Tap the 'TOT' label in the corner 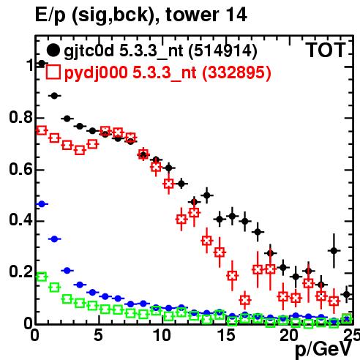click(326, 50)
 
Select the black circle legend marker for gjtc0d click(53, 50)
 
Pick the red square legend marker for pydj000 click(53, 72)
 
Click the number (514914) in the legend click(223, 50)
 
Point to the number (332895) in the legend click(236, 72)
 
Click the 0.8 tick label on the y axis click(21, 117)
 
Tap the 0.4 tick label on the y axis click(21, 220)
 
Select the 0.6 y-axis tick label click(21, 169)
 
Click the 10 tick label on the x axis click(162, 336)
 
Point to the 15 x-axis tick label click(226, 336)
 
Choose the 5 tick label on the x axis click(98, 336)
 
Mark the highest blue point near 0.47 click(42, 204)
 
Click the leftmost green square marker click(42, 277)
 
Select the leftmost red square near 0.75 click(42, 130)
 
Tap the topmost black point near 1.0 click(42, 64)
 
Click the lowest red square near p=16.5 click(245, 300)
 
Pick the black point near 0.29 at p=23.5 click(334, 250)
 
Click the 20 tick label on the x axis click(289, 336)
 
